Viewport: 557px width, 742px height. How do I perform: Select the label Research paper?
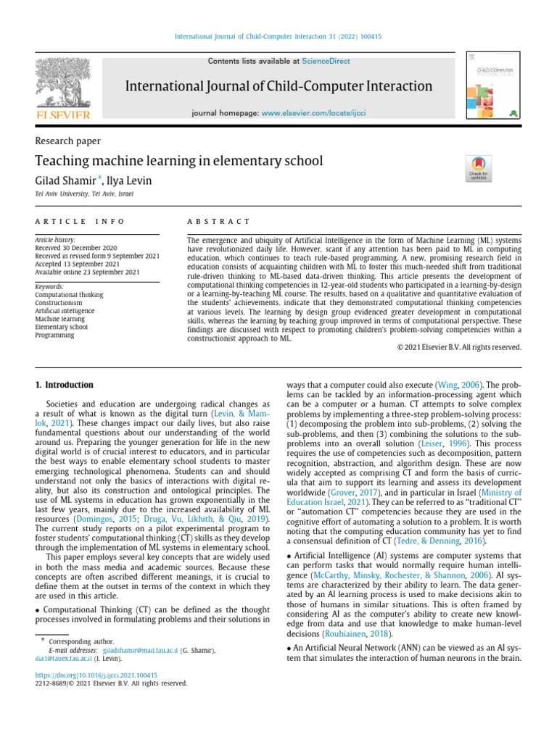click(67, 141)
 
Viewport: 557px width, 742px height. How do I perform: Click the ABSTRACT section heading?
click(218, 221)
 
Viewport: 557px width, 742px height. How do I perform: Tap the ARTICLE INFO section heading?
click(80, 221)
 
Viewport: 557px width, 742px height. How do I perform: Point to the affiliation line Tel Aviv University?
click(83, 194)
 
